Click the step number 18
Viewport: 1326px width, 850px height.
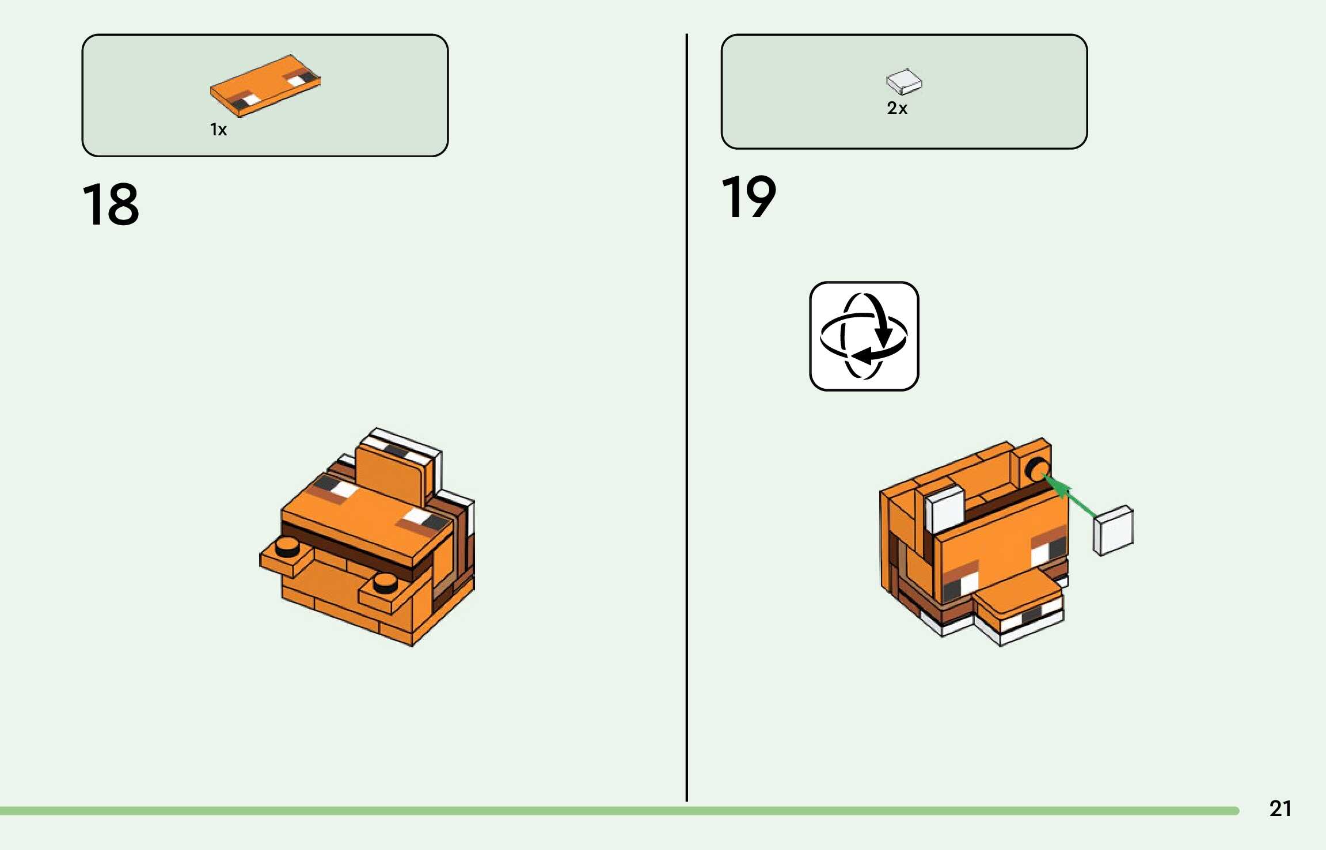(111, 204)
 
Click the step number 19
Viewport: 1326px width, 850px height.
(749, 198)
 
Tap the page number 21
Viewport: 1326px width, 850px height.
(1280, 809)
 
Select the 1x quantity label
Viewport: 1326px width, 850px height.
(218, 130)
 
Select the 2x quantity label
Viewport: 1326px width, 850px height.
(897, 108)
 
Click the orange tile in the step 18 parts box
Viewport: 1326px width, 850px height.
(265, 85)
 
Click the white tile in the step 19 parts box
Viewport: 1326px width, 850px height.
(903, 81)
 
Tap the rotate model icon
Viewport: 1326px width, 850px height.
(864, 336)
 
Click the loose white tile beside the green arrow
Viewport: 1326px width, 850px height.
(1114, 530)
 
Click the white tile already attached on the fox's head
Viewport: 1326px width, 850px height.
(944, 508)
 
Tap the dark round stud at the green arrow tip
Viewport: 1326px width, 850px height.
(1038, 469)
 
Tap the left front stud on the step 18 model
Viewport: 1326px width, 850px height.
(287, 545)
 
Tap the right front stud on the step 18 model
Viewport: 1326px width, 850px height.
(385, 583)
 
